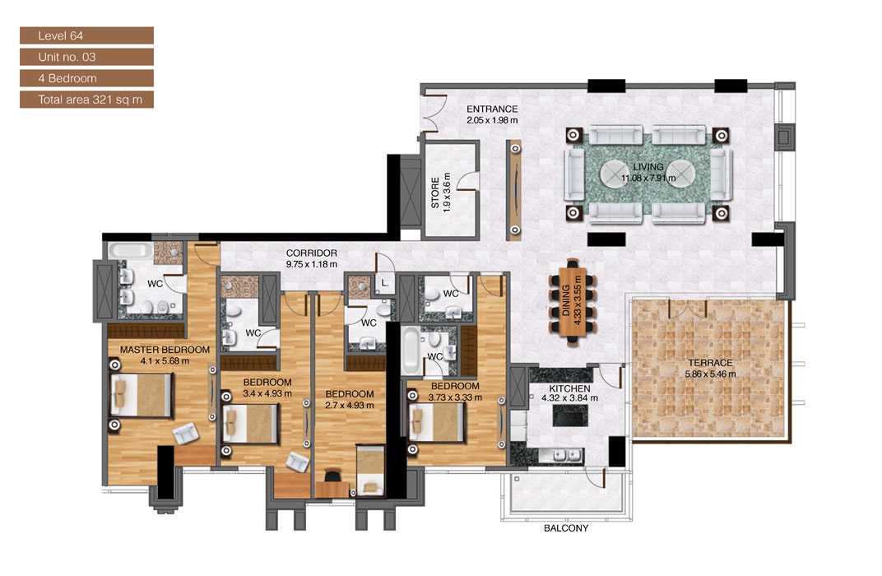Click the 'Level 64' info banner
86,35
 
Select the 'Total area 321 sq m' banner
86,100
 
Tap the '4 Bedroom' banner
86,78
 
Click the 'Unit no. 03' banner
86,57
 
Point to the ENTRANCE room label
492,109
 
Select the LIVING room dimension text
648,177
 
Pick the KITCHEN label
569,388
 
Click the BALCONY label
565,528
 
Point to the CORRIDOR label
311,253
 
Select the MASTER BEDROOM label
165,350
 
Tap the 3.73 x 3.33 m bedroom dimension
454,397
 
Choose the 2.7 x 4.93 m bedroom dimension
349,405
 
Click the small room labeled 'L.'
384,282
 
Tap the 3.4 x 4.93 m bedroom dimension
267,393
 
